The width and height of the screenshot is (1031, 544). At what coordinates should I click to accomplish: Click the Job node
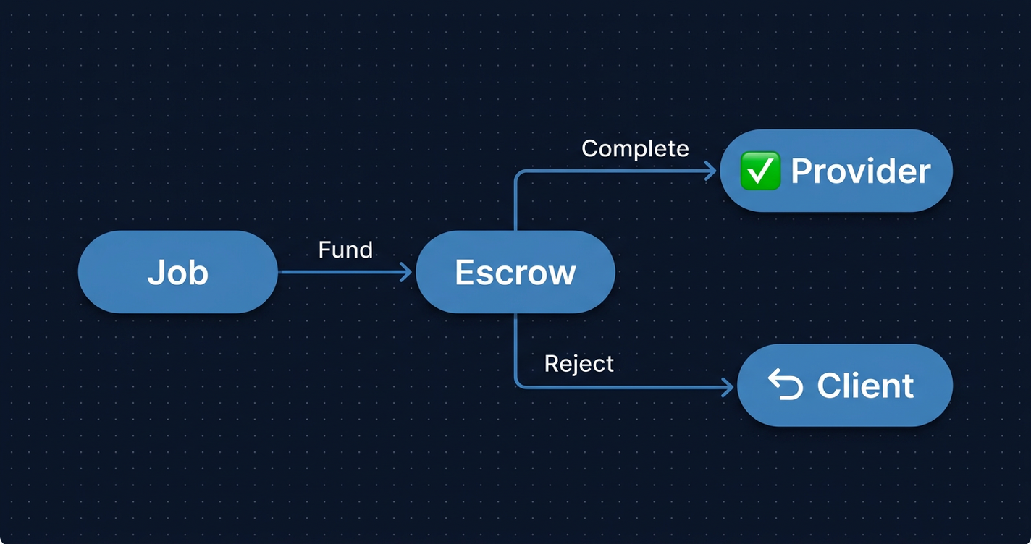pos(177,272)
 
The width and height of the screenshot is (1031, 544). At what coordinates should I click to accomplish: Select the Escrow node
pos(515,272)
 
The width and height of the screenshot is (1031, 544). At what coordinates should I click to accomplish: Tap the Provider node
pos(836,171)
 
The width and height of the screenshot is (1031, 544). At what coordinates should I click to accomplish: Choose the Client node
pos(844,385)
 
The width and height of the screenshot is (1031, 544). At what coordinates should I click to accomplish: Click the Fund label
pos(345,250)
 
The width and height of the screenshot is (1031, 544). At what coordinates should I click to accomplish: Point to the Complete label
pos(635,148)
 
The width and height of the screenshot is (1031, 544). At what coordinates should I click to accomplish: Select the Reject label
pos(578,363)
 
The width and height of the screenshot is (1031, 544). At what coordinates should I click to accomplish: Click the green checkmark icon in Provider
pos(760,171)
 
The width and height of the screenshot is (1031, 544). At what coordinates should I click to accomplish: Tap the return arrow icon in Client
pos(786,384)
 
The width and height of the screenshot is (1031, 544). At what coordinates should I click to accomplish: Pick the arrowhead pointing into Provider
pos(711,171)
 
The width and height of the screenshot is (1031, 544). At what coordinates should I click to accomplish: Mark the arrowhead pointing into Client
pos(728,387)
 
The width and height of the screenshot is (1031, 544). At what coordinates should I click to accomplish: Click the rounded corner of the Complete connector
pos(518,174)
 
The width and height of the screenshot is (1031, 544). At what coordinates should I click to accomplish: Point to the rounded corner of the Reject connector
pos(518,383)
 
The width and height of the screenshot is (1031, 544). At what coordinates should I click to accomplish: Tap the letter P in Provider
pos(801,171)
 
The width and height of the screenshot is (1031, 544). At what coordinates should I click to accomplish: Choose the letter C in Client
pos(829,386)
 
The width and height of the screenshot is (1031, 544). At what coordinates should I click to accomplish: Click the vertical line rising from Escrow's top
pos(515,206)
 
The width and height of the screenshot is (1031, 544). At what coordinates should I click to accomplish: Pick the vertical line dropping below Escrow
pos(515,347)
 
